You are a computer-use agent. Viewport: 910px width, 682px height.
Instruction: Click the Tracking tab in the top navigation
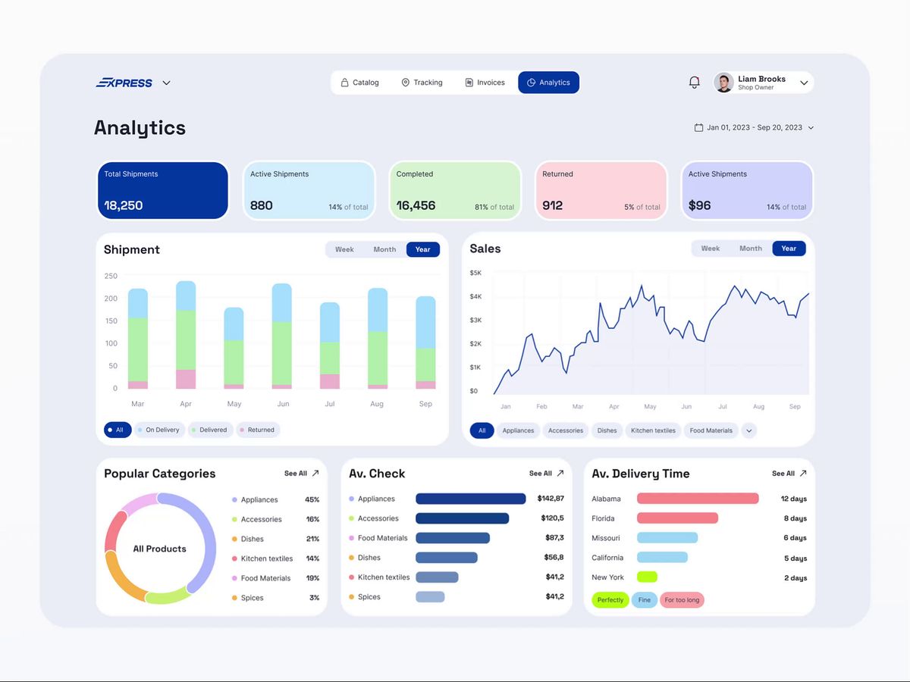pos(422,83)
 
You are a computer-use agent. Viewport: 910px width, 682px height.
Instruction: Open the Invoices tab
pos(485,83)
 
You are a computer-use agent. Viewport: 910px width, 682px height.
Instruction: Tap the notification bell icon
pos(694,83)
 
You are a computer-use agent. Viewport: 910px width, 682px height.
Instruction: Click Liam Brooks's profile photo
pos(724,83)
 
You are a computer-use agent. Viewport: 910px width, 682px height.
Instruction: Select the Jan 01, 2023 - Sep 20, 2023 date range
pos(754,128)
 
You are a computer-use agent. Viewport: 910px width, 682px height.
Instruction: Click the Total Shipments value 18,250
pos(124,205)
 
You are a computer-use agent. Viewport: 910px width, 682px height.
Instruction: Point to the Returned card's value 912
pos(553,205)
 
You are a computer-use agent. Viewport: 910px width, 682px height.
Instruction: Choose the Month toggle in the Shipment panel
pos(384,249)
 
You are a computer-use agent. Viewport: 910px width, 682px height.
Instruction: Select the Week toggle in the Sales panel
pos(711,249)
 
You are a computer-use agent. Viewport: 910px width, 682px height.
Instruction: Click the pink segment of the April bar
pos(186,379)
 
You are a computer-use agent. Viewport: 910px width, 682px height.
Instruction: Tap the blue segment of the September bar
pos(425,322)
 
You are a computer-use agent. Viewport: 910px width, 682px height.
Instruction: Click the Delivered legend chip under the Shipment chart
pos(209,430)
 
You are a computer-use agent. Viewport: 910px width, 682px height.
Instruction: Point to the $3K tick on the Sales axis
pos(476,321)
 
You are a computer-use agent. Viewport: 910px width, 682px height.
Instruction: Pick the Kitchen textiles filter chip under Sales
pos(653,430)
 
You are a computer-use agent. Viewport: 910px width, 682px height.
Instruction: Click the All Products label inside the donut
pos(159,549)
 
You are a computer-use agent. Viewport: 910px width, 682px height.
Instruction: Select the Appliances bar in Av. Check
pos(470,499)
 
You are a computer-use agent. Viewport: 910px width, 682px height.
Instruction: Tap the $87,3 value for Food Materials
pos(554,538)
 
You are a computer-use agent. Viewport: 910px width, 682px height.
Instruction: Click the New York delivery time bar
pos(647,577)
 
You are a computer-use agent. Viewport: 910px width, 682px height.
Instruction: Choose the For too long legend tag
pos(682,600)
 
